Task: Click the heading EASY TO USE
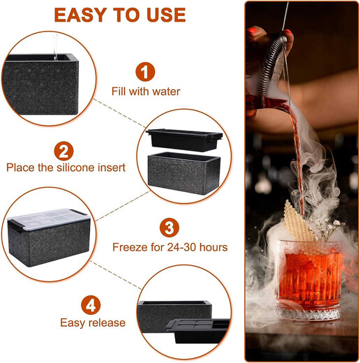click(119, 15)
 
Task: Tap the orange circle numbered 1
click(145, 71)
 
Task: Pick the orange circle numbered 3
click(169, 228)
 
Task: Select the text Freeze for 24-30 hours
click(170, 247)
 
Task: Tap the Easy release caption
click(93, 323)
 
